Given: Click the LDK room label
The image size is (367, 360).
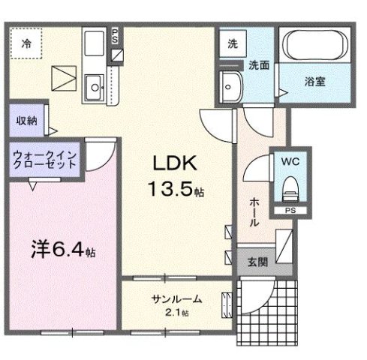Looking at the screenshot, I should tap(177, 163).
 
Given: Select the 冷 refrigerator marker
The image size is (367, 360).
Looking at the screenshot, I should tap(26, 43).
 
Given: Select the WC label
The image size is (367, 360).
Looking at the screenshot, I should tap(290, 161).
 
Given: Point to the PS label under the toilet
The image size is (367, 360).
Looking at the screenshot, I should tap(290, 211).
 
